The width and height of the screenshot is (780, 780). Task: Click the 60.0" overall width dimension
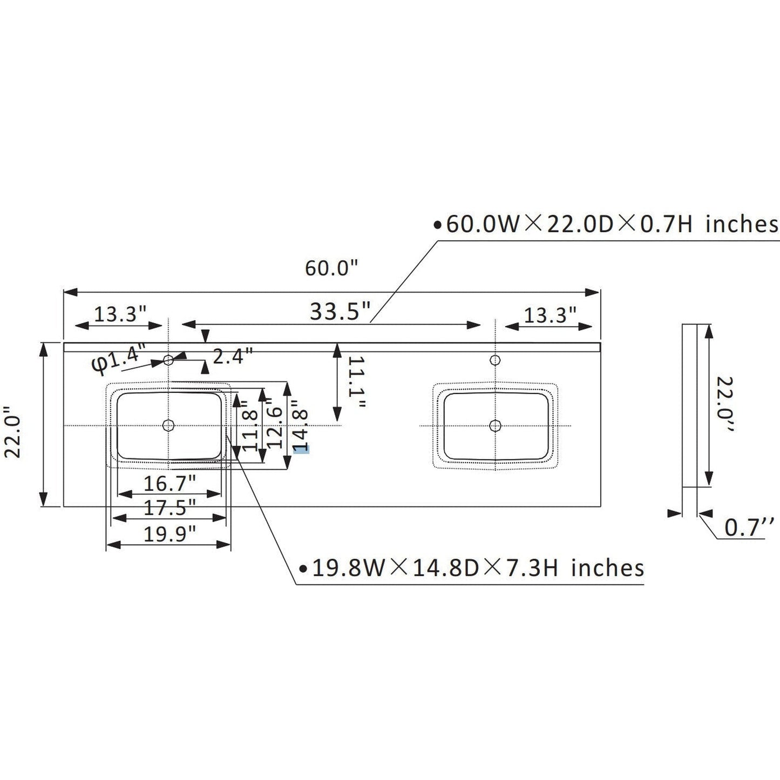[x=331, y=268]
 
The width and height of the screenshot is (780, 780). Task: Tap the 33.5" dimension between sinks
[x=341, y=311]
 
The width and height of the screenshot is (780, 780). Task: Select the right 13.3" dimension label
[x=550, y=314]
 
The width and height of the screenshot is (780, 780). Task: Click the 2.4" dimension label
[x=233, y=356]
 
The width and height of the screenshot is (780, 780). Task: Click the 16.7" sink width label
[x=169, y=483]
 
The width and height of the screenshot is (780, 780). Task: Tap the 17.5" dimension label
[x=169, y=507]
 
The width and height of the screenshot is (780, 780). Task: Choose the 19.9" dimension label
[x=169, y=534]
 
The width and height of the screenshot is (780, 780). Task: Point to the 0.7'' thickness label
[x=749, y=527]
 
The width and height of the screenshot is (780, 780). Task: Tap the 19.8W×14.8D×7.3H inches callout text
[x=478, y=568]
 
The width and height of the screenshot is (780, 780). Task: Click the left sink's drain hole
[x=168, y=425]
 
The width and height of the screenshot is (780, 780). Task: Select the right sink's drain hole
[x=494, y=425]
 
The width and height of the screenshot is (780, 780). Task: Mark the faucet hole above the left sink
[x=168, y=359]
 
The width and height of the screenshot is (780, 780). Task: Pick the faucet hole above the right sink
[x=494, y=359]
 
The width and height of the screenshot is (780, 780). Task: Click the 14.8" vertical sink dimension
[x=300, y=426]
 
